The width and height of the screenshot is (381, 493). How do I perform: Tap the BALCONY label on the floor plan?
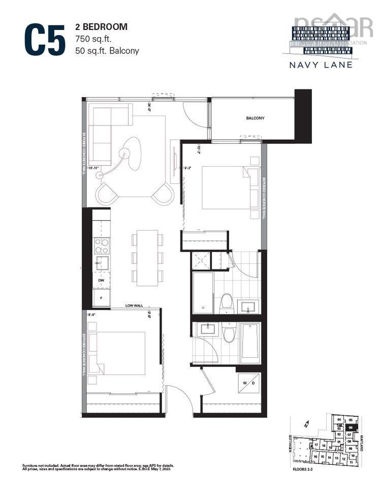(x=255, y=118)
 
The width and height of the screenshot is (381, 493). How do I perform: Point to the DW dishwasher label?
(x=101, y=281)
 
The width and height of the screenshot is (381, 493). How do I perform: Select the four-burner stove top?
(x=102, y=246)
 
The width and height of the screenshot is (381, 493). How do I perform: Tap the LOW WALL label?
(x=136, y=306)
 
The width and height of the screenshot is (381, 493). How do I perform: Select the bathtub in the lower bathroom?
(x=250, y=341)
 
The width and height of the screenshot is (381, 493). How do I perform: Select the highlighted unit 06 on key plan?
(x=350, y=428)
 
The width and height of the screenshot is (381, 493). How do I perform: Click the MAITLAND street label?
(x=363, y=442)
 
